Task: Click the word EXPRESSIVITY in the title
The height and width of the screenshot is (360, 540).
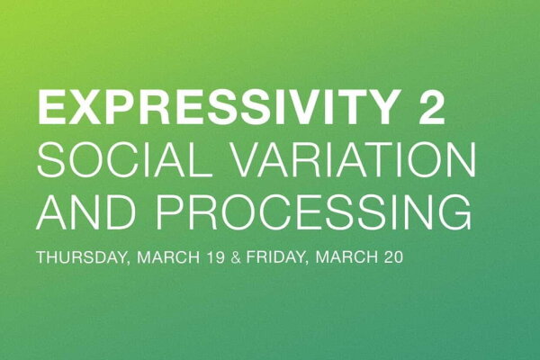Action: [214, 109]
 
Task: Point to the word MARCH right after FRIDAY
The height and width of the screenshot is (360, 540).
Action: [354, 257]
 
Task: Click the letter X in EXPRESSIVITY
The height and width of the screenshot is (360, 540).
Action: [81, 109]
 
